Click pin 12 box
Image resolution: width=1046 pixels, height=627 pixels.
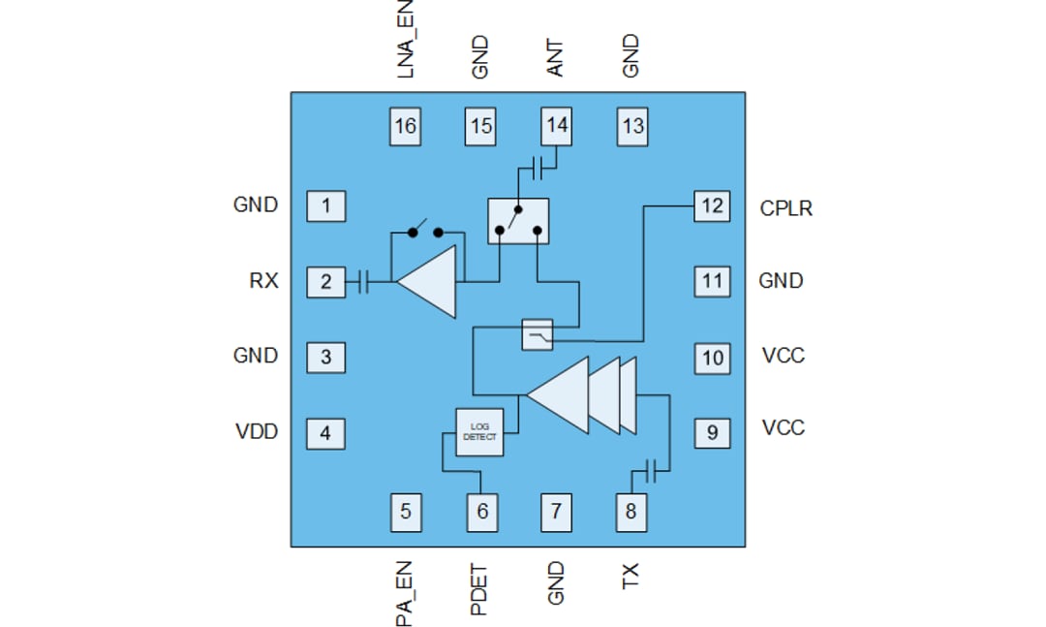[712, 206]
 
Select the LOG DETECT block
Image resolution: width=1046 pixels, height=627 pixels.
[480, 430]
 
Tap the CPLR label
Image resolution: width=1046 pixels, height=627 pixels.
[785, 207]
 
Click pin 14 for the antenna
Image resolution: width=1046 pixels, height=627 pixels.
[557, 125]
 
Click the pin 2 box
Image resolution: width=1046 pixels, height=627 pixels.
[325, 282]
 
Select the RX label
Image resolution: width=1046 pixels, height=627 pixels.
[263, 281]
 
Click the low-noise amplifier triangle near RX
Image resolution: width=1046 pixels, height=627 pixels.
[432, 282]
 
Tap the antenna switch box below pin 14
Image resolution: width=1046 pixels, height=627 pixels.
[518, 221]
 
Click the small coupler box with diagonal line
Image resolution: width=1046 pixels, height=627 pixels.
[537, 335]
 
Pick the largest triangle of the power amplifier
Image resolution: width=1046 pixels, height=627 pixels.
[562, 394]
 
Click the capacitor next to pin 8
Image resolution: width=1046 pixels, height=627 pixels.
[655, 471]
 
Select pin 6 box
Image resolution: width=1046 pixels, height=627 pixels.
[482, 512]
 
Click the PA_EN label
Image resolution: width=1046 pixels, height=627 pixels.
[406, 591]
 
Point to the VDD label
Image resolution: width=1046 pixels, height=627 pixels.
[257, 431]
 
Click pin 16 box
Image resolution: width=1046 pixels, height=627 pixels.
[406, 126]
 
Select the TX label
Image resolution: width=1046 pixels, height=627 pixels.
[631, 578]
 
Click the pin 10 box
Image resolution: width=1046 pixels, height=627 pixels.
[712, 358]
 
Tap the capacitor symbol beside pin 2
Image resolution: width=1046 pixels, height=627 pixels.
[364, 282]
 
